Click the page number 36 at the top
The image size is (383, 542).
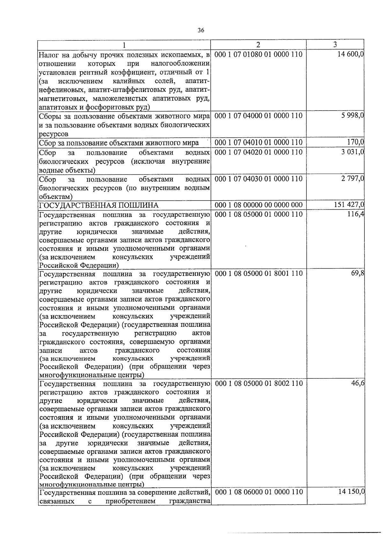(201, 30)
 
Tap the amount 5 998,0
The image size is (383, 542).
(353, 116)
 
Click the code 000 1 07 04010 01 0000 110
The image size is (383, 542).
(259, 142)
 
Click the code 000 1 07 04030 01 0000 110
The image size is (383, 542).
(259, 179)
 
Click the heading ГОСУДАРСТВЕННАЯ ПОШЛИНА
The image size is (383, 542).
(99, 205)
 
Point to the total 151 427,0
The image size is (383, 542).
(349, 205)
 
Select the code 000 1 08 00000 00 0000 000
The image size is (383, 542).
(259, 205)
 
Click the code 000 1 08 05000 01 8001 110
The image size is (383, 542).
(259, 273)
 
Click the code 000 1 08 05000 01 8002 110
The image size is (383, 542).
(259, 383)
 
